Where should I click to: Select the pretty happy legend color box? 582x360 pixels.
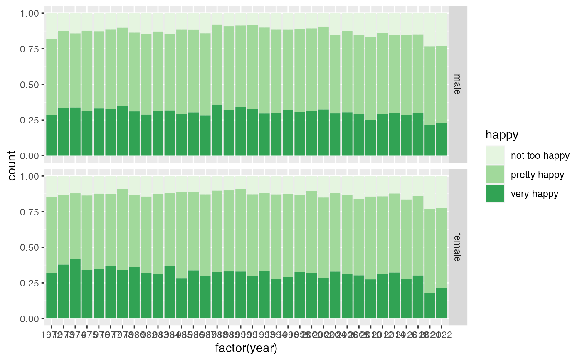[495, 175]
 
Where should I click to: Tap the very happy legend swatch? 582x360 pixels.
[495, 193]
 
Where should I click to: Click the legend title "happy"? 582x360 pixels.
[502, 135]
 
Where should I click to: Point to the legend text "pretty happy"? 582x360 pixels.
[538, 175]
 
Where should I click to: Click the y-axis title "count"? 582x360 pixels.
[12, 165]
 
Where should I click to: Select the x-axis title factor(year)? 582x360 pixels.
[246, 348]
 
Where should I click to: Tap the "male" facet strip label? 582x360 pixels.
[457, 84]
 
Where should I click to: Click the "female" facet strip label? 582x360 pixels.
[457, 247]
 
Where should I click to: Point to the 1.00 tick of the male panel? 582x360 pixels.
[30, 13]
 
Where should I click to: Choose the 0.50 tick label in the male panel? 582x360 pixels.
[30, 84]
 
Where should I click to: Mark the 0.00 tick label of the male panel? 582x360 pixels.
[30, 155]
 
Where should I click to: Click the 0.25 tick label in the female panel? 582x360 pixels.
[30, 283]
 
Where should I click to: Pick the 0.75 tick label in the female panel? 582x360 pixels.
[30, 212]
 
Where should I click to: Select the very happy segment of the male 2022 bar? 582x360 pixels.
[442, 139]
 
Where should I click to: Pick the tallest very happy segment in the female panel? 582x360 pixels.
[75, 289]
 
